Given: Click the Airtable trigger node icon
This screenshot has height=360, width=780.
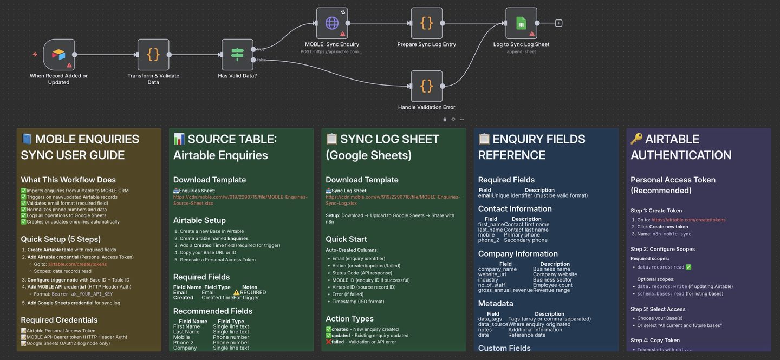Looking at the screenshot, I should coord(58,55).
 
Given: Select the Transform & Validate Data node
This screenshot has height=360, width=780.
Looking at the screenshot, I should coord(153,55).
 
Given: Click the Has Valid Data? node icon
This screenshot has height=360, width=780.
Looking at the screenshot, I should coord(237,55).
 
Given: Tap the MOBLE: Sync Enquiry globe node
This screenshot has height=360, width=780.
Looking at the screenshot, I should coord(332,23).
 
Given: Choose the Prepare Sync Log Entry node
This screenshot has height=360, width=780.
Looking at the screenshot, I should coord(426,23).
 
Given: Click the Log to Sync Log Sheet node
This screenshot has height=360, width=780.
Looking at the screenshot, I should coord(521,23).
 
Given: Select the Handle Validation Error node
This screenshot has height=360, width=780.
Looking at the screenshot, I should coord(426,86).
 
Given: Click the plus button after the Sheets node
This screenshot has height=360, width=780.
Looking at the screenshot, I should coord(558,23).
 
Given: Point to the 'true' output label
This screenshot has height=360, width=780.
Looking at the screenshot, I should coord(261,49).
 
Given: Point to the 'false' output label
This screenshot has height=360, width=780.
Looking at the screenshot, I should coord(261,60).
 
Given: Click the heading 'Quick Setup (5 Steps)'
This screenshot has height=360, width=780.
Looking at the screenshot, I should coord(61,239).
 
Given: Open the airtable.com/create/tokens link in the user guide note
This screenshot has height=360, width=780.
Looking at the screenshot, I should coord(77,264).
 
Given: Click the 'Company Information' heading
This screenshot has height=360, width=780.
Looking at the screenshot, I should coord(518,254).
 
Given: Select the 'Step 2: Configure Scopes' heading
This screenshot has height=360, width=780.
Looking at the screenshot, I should coord(662,249).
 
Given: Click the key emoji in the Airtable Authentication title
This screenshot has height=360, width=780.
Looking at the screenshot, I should coord(637,139).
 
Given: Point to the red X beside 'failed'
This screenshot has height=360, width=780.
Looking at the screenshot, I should coord(328,342).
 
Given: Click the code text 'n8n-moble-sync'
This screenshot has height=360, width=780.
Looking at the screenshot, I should coord(672,234).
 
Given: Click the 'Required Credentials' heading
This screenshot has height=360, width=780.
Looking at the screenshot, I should coord(59,320).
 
